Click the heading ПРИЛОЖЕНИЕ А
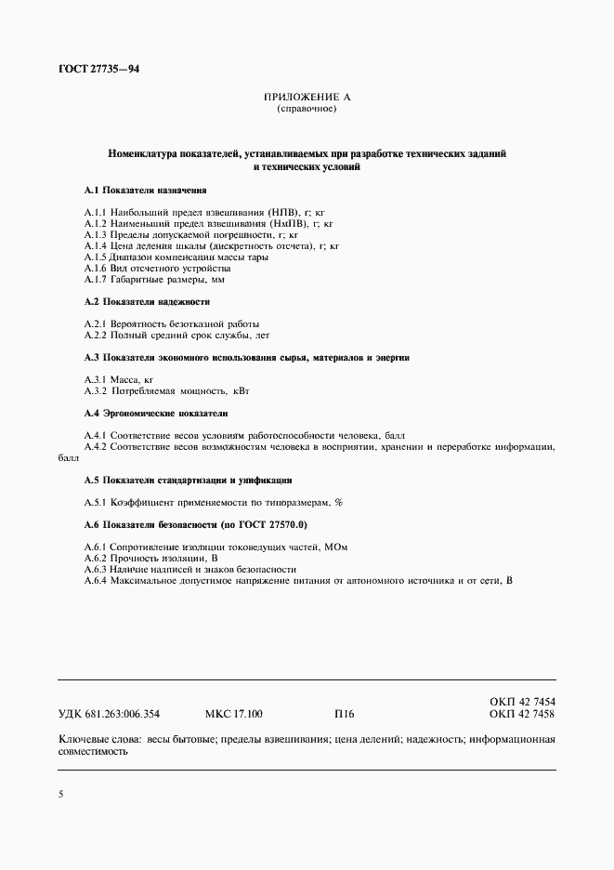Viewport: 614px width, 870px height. [307, 97]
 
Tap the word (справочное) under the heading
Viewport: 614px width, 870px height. [307, 109]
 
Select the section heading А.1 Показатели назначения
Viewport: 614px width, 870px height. [145, 190]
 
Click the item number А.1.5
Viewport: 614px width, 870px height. [95, 257]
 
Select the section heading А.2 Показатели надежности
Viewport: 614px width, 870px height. [147, 301]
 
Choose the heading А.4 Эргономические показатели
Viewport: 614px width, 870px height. [155, 413]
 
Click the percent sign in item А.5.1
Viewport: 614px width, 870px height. [339, 503]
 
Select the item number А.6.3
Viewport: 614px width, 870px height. [95, 570]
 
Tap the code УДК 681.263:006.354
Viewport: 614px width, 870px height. [109, 715]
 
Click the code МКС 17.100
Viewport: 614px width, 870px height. [233, 715]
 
